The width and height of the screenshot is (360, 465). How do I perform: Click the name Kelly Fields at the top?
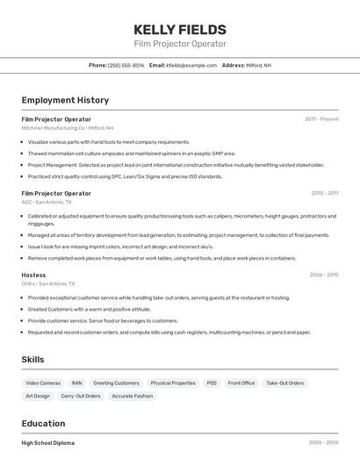pyautogui.click(x=180, y=30)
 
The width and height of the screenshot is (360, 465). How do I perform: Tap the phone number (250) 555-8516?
pyautogui.click(x=126, y=65)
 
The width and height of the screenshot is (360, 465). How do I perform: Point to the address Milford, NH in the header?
pyautogui.click(x=258, y=65)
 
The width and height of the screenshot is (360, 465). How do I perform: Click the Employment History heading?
pyautogui.click(x=65, y=100)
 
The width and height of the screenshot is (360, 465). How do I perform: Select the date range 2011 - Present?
pyautogui.click(x=321, y=118)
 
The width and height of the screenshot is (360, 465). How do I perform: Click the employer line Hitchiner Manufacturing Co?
pyautogui.click(x=68, y=128)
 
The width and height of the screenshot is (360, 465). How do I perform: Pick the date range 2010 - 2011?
pyautogui.click(x=324, y=193)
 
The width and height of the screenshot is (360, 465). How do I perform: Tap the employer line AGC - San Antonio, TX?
pyautogui.click(x=50, y=202)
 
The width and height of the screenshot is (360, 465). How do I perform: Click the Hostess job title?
pyautogui.click(x=33, y=275)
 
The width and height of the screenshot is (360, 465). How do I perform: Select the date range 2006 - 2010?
pyautogui.click(x=323, y=275)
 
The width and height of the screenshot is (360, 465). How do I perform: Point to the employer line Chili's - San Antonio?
pyautogui.click(x=48, y=283)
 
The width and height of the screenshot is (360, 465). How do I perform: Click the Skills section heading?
pyautogui.click(x=32, y=359)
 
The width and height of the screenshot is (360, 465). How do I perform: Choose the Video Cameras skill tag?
pyautogui.click(x=43, y=383)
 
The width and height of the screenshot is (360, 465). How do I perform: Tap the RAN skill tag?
pyautogui.click(x=76, y=383)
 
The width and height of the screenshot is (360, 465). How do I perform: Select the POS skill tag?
pyautogui.click(x=212, y=383)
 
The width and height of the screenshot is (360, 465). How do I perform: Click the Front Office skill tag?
pyautogui.click(x=241, y=383)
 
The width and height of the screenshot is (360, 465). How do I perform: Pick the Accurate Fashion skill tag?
pyautogui.click(x=132, y=396)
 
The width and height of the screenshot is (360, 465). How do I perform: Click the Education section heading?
pyautogui.click(x=43, y=423)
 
